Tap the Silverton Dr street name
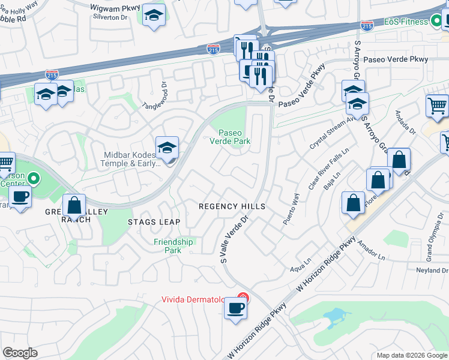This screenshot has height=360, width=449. tap(111, 17)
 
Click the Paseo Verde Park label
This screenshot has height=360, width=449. tap(229, 137)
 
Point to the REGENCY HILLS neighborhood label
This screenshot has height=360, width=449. tap(232, 206)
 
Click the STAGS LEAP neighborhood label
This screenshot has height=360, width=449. tap(154, 222)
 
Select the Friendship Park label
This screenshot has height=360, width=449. tap(173, 246)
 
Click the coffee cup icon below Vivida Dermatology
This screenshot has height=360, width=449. tap(235, 309)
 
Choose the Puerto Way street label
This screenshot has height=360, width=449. tap(291, 209)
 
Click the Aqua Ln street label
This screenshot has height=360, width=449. tap(301, 268)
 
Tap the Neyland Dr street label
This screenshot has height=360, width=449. tap(432, 271)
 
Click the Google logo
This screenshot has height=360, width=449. tap(20, 353)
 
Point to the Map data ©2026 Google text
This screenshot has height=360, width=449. tap(411, 355)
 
